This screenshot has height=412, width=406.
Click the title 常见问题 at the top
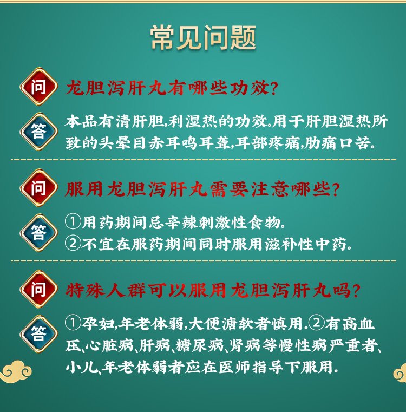(x=203, y=37)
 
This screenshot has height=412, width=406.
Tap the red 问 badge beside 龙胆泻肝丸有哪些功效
(x=38, y=87)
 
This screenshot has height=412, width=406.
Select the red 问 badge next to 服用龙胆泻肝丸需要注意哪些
(x=38, y=188)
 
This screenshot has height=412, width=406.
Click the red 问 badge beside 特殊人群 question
(x=38, y=289)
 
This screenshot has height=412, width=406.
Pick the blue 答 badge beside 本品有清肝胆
(x=38, y=131)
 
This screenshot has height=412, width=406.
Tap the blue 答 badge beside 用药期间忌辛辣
(x=38, y=233)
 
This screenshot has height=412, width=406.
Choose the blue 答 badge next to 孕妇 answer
(x=38, y=333)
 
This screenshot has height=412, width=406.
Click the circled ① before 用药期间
(x=73, y=222)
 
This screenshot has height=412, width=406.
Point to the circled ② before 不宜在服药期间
(x=73, y=243)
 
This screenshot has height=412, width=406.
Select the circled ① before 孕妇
(x=73, y=323)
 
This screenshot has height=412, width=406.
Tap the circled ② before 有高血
(x=317, y=323)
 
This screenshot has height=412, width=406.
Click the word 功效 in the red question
(x=250, y=88)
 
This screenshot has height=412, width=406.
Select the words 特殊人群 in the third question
(x=106, y=290)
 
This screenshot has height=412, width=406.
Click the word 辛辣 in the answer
(x=182, y=223)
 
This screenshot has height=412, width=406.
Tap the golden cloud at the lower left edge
(x=16, y=371)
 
